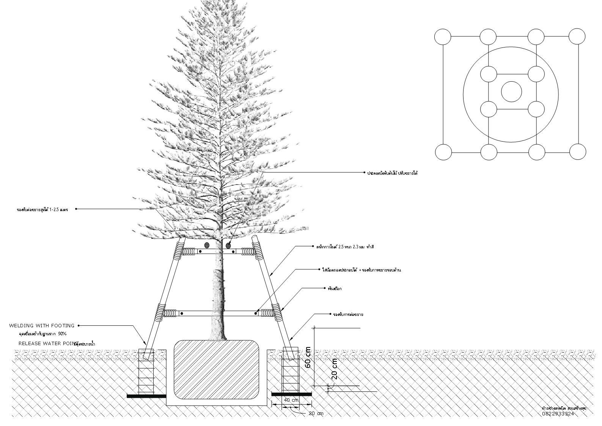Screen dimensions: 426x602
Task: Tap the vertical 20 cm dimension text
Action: (x=334, y=369)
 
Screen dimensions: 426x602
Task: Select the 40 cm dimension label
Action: (x=291, y=400)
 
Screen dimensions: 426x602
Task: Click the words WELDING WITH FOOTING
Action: (x=42, y=326)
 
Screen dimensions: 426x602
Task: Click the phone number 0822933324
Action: (x=558, y=414)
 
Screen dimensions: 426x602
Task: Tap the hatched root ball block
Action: (x=217, y=370)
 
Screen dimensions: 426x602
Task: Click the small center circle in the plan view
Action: (x=511, y=92)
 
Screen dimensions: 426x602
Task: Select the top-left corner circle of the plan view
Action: (x=443, y=37)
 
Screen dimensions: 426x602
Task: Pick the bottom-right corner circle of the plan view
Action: (x=578, y=152)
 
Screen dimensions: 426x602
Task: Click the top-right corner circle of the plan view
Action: (x=577, y=36)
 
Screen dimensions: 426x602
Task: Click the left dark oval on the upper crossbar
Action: (x=207, y=245)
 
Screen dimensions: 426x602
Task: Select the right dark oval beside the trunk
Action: (x=228, y=246)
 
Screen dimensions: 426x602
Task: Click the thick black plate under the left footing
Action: (x=146, y=396)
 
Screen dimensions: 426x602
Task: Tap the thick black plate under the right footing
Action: (x=291, y=394)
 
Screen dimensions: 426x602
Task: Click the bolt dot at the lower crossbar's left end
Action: (x=182, y=314)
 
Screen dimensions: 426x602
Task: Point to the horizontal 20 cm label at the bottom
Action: (x=315, y=413)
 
